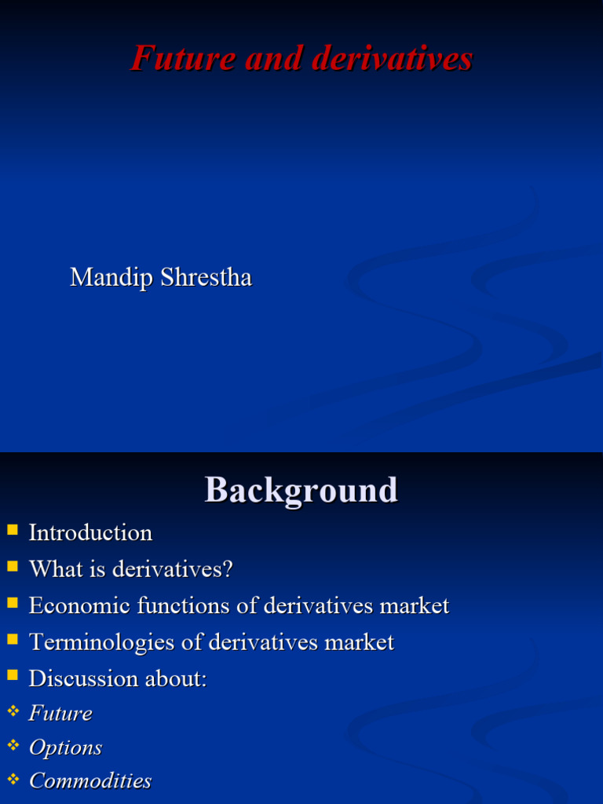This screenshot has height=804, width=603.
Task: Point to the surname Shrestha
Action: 206,277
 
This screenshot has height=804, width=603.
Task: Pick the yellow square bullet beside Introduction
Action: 12,530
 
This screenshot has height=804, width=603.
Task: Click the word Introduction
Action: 90,532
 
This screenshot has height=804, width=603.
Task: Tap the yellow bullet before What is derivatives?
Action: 12,566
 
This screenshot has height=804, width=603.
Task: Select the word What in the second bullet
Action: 52,568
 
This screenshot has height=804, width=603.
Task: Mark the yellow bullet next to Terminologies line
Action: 12,639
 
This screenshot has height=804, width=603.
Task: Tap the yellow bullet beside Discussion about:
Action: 12,675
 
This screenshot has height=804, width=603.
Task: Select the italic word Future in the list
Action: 60,713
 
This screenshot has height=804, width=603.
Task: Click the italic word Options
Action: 65,747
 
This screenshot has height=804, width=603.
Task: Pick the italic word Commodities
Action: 90,780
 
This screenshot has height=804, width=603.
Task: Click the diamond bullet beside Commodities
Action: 12,778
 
